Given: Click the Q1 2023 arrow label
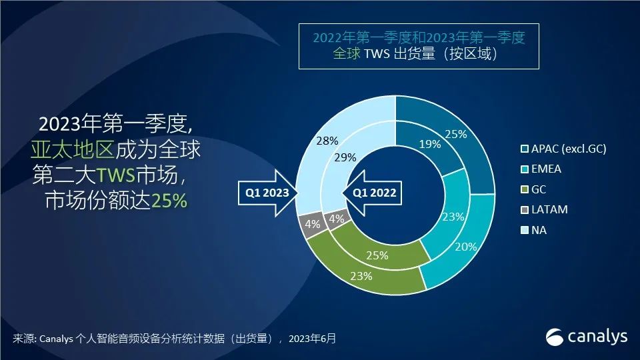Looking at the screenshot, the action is (x=267, y=193).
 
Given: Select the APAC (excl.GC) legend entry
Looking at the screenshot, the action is (x=564, y=149).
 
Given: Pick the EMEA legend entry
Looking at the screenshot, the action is (x=541, y=169).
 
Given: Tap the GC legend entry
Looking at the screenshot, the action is (x=533, y=189).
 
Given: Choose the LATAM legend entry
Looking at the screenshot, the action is (x=545, y=209).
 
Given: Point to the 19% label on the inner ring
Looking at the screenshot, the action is (x=430, y=144).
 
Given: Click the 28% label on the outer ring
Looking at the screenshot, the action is (x=327, y=141).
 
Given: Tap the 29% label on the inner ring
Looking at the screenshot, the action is (x=345, y=157).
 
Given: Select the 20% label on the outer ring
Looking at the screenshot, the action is (x=466, y=247).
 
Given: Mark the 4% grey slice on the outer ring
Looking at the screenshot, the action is (x=311, y=224).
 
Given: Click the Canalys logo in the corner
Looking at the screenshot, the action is (x=587, y=337).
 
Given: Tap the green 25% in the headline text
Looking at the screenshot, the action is (x=169, y=201).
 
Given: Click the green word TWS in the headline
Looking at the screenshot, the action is (x=116, y=175).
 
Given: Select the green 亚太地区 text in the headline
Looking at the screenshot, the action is (x=73, y=149).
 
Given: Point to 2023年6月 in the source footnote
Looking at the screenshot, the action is (x=312, y=339).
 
